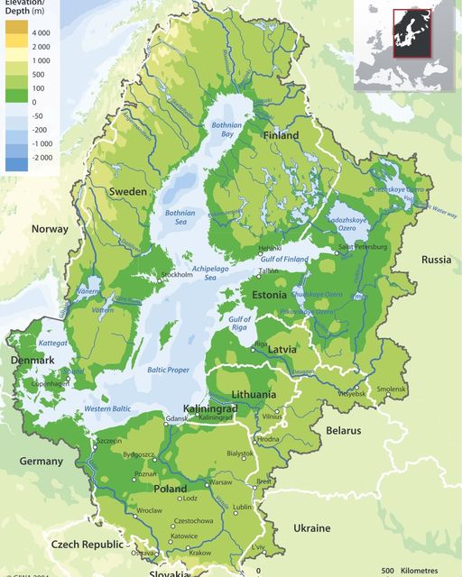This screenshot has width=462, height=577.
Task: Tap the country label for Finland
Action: coord(280,135)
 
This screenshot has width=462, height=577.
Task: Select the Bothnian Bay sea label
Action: coord(227,129)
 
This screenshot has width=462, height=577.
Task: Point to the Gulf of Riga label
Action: coord(239,324)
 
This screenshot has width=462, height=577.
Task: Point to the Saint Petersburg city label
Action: coord(363,246)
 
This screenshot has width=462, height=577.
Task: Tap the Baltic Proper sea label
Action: coord(168,371)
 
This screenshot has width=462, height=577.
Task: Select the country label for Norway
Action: coord(50,229)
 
